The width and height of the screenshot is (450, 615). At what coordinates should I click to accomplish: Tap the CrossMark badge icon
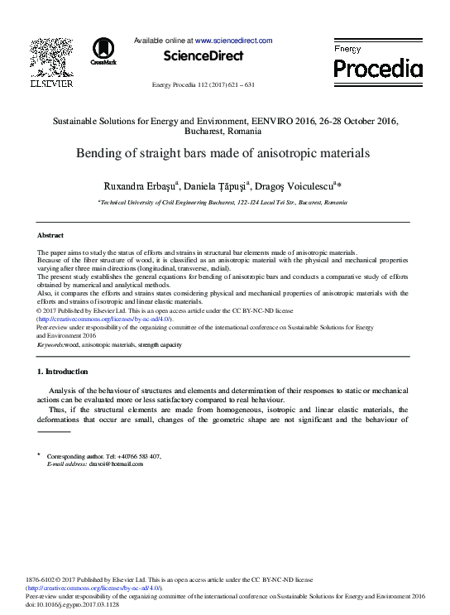pyautogui.click(x=103, y=51)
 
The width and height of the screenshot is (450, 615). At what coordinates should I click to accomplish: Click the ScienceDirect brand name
pyautogui.click(x=203, y=56)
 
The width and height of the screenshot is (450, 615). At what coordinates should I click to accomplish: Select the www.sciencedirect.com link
pyautogui.click(x=233, y=40)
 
